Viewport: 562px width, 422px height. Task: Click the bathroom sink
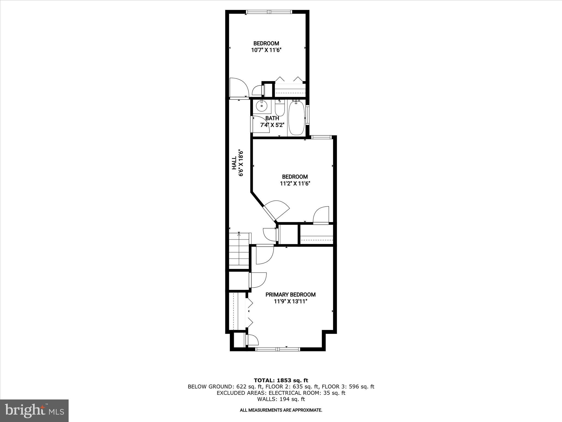click(262, 106)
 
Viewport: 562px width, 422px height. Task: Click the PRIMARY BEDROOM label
click(290, 295)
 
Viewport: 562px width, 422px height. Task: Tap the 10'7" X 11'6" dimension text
click(266, 50)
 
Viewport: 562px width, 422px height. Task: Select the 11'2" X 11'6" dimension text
click(295, 184)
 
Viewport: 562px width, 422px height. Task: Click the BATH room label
click(272, 118)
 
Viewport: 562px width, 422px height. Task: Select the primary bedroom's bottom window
click(277, 349)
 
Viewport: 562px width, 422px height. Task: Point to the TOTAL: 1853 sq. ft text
click(281, 381)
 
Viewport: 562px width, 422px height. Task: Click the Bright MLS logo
click(34, 410)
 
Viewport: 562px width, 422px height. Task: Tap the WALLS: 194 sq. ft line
click(281, 399)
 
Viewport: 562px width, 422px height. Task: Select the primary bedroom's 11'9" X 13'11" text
click(290, 301)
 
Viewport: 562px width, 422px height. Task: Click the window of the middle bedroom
click(321, 137)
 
